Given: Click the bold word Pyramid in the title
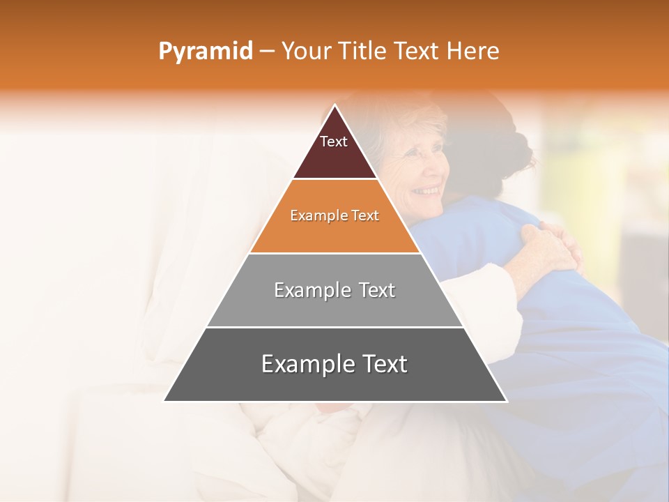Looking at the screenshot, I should click(206, 51).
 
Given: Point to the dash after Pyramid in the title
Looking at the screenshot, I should click(267, 52).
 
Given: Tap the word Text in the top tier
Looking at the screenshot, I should click(334, 142).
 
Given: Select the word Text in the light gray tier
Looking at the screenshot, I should click(372, 290).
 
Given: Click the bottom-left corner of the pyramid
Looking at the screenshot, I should click(164, 401).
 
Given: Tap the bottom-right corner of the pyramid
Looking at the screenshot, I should click(507, 401).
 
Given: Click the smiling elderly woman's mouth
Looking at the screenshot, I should click(426, 190).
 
